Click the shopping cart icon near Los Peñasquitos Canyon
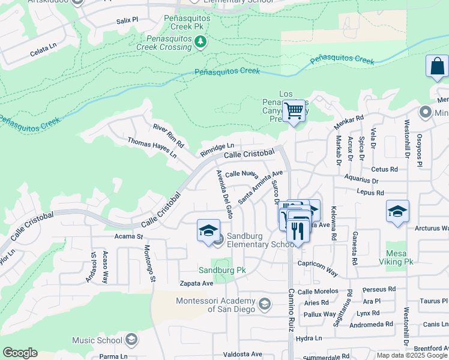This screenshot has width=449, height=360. point(294,111)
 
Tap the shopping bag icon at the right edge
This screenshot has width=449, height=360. point(437,66)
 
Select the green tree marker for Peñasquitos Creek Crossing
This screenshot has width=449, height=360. point(200,41)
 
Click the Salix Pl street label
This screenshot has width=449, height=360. point(127,20)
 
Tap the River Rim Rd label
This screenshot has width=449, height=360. point(168,136)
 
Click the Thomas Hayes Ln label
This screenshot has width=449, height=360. point(152,148)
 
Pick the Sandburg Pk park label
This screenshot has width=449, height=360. point(223,271)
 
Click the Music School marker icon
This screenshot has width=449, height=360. point(132,340)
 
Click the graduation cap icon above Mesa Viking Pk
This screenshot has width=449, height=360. point(397,211)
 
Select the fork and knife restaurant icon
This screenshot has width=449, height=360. point(298,230)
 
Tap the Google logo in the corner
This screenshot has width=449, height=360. point(20,353)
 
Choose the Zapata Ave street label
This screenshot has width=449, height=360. point(196,283)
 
